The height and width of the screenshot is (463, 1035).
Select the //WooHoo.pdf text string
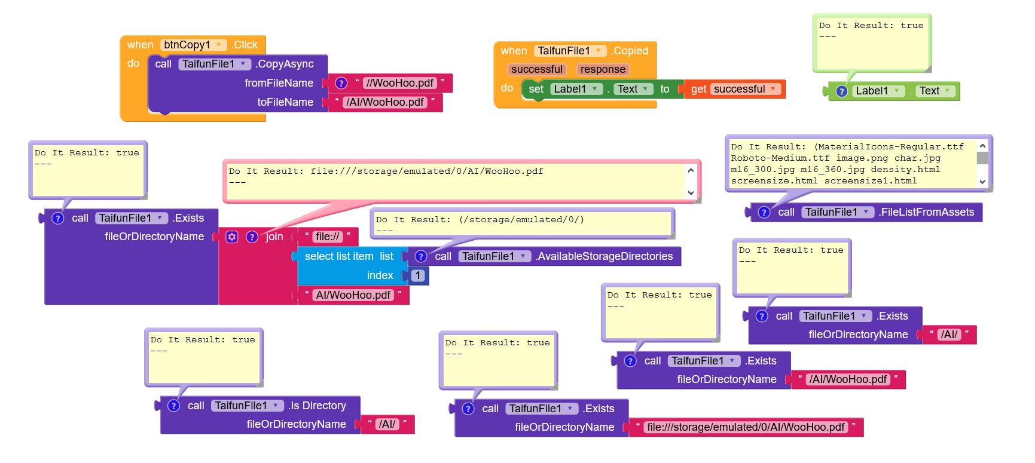[400, 83]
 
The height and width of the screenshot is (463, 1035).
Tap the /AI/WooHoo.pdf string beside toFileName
[385, 102]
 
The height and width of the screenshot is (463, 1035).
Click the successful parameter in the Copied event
[536, 69]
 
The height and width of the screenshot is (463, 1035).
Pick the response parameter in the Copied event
[603, 69]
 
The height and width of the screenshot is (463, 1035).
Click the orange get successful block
[734, 89]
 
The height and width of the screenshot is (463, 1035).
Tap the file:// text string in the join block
[328, 237]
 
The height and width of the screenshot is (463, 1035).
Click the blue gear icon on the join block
[232, 237]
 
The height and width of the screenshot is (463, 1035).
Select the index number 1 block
[418, 275]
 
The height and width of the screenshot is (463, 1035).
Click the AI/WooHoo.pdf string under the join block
[353, 295]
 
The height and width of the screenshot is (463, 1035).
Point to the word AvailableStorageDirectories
[604, 256]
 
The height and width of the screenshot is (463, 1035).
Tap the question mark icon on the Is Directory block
[173, 406]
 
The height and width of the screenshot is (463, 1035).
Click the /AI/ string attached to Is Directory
[387, 424]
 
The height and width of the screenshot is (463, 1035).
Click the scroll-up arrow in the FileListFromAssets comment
[982, 146]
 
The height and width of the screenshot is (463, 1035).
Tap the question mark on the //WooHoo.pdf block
[341, 83]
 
